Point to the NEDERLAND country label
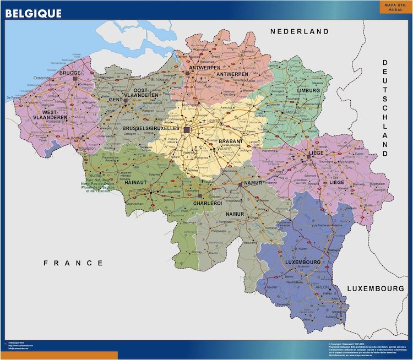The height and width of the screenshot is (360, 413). pos(299,32)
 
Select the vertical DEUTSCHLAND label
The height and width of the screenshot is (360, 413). pos(386,108)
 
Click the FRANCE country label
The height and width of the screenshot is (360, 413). pos(73,263)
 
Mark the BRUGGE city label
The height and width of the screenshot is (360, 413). pos(69,73)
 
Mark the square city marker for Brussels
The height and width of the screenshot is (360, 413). pos(187,130)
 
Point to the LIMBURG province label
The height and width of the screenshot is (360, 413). pos(308,90)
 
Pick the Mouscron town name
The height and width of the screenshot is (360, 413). pos(86,148)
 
